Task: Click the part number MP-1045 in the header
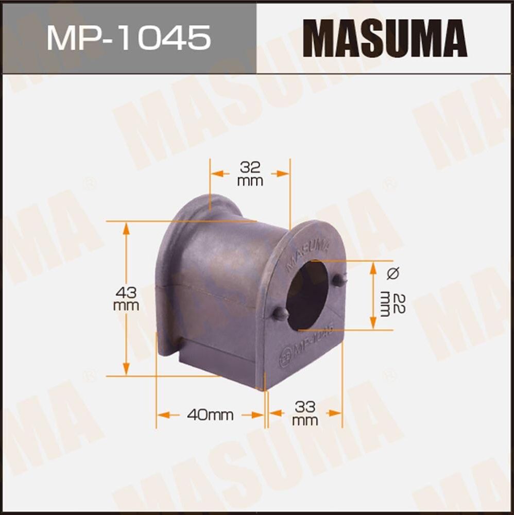[x=128, y=37]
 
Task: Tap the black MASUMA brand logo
[x=385, y=38]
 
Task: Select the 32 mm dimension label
[x=250, y=174]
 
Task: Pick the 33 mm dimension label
[x=305, y=414]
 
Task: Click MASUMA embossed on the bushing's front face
[x=307, y=252]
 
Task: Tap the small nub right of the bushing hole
[x=338, y=280]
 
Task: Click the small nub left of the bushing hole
[x=279, y=313]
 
